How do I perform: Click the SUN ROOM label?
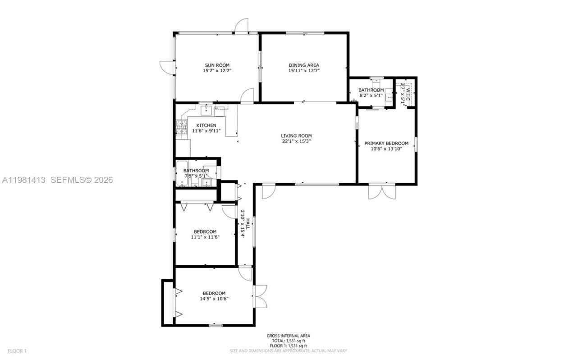(217, 65)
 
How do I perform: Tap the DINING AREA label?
(304, 65)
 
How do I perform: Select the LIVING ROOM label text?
(296, 135)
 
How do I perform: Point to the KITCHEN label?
(206, 125)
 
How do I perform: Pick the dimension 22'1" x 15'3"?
(296, 141)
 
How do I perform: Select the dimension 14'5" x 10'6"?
(214, 299)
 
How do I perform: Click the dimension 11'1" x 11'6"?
(205, 237)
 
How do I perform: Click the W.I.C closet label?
(408, 93)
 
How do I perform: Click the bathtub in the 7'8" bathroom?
(181, 173)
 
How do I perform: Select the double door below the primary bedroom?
(382, 191)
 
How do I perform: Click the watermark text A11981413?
(23, 180)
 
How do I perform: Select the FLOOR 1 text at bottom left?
(18, 351)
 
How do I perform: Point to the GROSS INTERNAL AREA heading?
(288, 336)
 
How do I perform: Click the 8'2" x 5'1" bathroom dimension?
(371, 96)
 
